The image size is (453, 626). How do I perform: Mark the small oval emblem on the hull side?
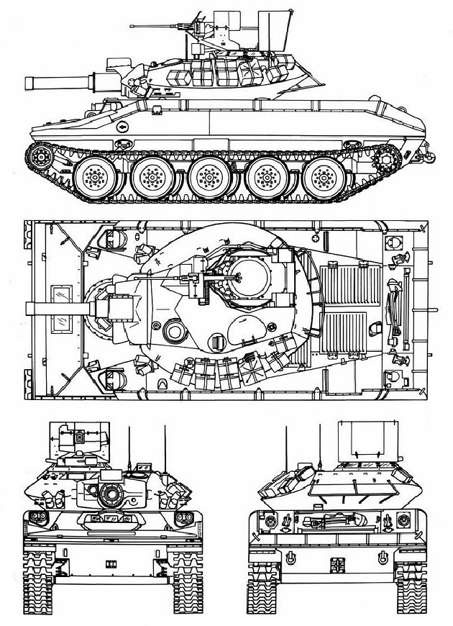coord(123,126)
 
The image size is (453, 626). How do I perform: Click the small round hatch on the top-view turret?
coord(175,332)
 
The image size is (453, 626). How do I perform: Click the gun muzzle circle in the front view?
coord(111,493)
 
